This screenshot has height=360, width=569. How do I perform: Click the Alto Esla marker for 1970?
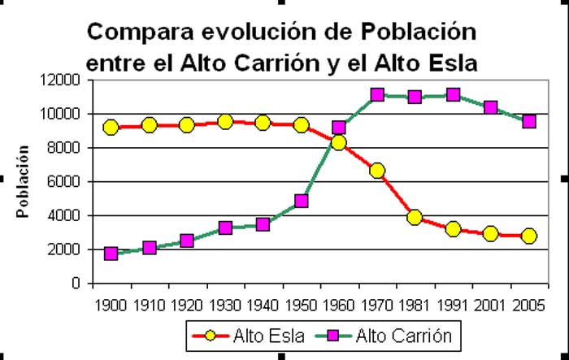tap(377, 171)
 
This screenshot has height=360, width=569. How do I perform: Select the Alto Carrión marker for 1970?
tap(377, 95)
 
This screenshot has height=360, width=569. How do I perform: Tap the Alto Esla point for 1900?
tap(111, 127)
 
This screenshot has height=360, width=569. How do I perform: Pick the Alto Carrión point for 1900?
tap(111, 254)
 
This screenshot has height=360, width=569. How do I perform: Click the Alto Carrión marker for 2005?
tap(529, 121)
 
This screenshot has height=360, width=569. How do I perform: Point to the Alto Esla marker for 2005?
tap(529, 236)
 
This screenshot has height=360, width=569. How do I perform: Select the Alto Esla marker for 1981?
tap(415, 217)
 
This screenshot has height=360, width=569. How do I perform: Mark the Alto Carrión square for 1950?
tap(302, 201)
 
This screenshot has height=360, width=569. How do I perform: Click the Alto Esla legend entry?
tap(249, 335)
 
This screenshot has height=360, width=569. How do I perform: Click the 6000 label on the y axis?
tap(65, 181)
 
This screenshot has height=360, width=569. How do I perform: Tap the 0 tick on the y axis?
tap(76, 284)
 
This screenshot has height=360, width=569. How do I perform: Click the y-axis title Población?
tap(24, 181)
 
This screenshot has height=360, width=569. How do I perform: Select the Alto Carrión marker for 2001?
tap(491, 107)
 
